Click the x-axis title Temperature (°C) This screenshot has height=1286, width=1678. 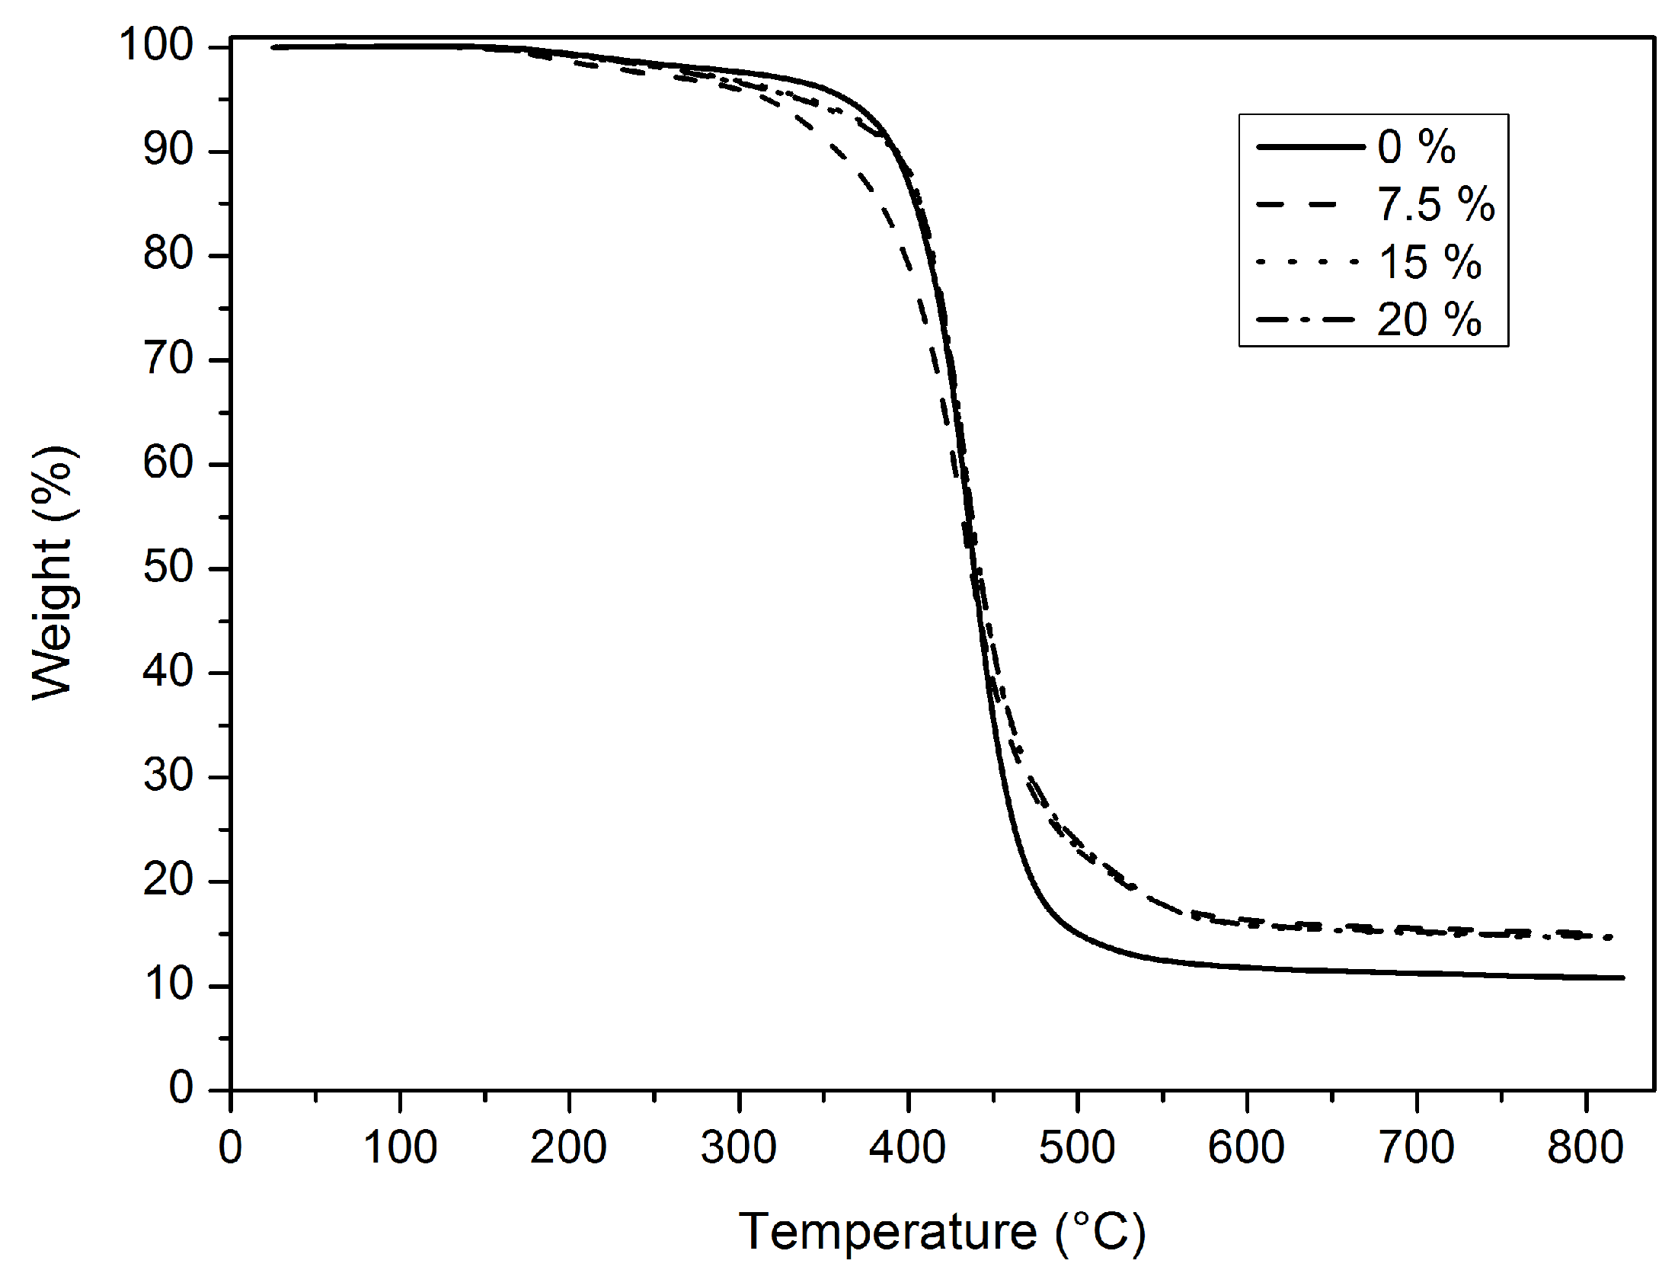click(x=942, y=1232)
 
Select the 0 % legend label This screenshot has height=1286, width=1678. click(x=1416, y=146)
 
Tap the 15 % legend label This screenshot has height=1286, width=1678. click(x=1430, y=262)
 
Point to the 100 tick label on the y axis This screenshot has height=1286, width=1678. click(x=157, y=47)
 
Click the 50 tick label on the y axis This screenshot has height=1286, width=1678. click(x=168, y=570)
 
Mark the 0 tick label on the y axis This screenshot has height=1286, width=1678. click(x=181, y=1089)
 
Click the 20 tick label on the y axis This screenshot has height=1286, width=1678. click(x=168, y=881)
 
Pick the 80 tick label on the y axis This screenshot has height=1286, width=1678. click(x=168, y=256)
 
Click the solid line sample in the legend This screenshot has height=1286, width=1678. click(x=1310, y=146)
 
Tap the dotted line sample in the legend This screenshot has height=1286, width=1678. click(x=1310, y=262)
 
